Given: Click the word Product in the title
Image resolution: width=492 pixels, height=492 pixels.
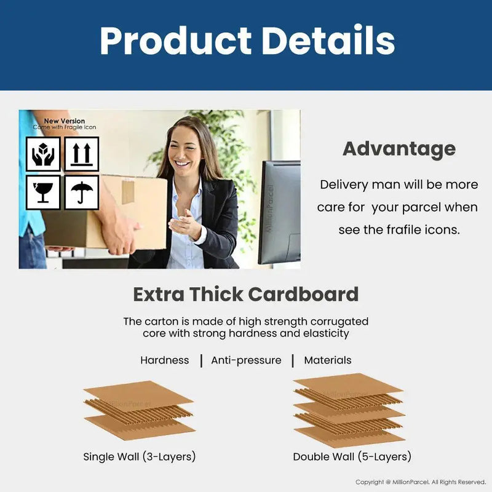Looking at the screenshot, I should (175, 41).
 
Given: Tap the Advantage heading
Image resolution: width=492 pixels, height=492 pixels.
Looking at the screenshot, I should (399, 149).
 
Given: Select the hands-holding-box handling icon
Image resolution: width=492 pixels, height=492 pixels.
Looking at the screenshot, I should (43, 154).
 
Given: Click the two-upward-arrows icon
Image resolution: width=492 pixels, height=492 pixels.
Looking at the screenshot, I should (81, 154).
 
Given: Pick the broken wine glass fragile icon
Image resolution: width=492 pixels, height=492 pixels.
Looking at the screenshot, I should (43, 192).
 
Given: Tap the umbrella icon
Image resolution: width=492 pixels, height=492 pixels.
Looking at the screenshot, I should (81, 192).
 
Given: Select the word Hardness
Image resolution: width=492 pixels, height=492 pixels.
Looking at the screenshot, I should (165, 360).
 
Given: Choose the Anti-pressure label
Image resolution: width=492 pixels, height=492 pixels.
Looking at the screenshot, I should (246, 360).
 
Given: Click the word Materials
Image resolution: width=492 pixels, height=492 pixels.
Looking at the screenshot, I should (328, 360).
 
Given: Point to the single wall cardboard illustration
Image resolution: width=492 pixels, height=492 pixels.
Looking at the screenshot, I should (138, 409).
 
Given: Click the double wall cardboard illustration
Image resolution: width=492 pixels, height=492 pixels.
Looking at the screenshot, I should (349, 409).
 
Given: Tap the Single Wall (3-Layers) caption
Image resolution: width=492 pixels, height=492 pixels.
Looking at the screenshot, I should (140, 457).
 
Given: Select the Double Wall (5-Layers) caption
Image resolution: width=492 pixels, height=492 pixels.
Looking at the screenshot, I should (352, 457).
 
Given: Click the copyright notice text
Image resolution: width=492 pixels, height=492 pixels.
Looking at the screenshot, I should (421, 482).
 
